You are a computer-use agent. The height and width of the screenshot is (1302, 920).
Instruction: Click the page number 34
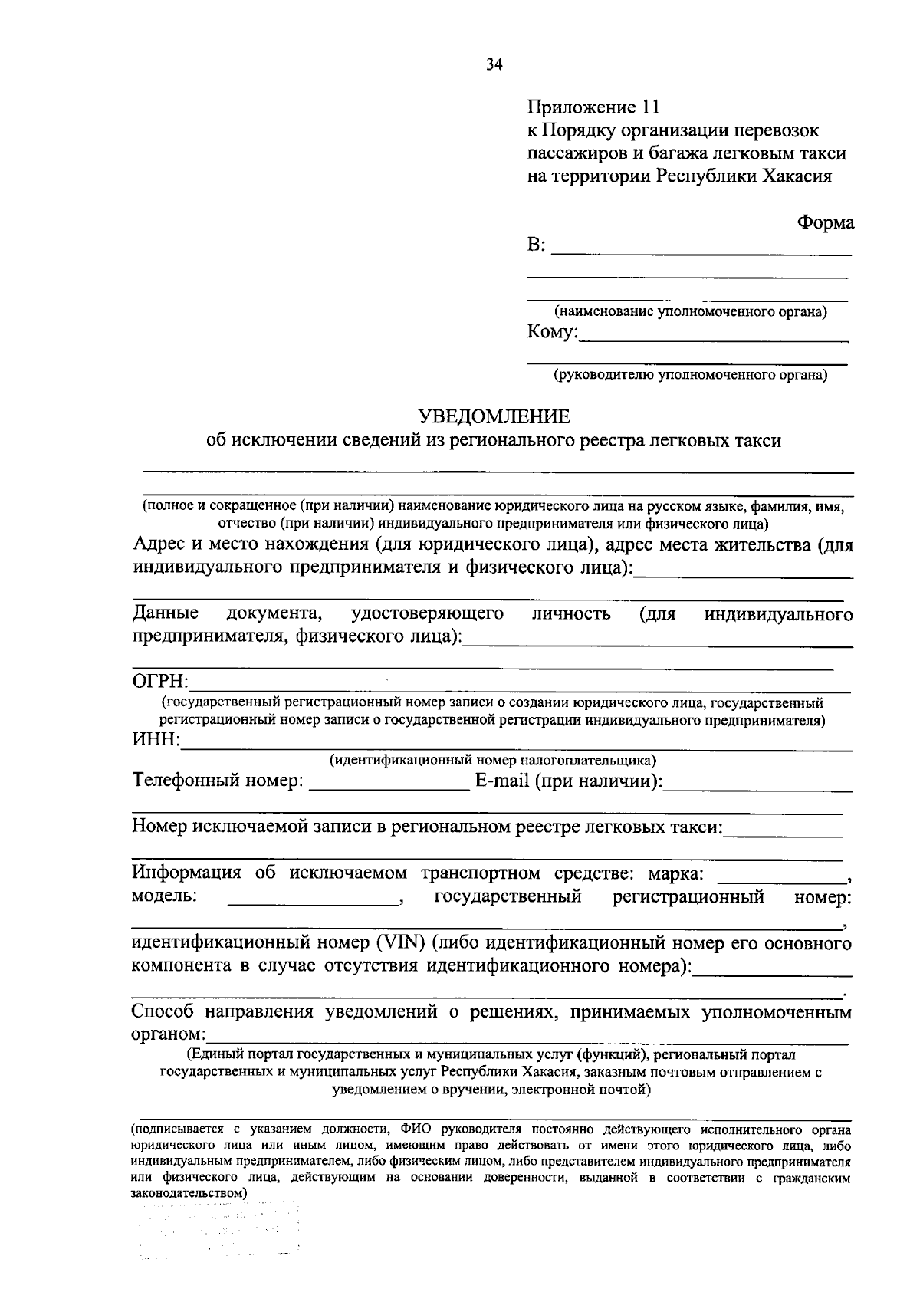coord(494,65)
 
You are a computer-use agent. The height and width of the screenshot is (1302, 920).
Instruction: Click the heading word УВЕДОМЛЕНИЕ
coord(494,416)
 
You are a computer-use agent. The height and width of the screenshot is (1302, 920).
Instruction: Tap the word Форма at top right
coord(825,222)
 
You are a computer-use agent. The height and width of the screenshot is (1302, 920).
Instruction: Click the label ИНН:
coord(156,740)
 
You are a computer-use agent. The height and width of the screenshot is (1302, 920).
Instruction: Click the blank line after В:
coord(701,252)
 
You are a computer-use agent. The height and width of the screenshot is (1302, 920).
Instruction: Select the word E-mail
coord(502,781)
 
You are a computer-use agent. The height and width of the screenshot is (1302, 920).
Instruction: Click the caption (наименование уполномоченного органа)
coord(690,312)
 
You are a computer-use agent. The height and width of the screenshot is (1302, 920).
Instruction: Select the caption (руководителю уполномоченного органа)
coord(690,375)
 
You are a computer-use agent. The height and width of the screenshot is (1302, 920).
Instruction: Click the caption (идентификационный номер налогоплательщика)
coord(493,761)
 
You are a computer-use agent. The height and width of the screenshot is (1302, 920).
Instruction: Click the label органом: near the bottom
coord(163,1034)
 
